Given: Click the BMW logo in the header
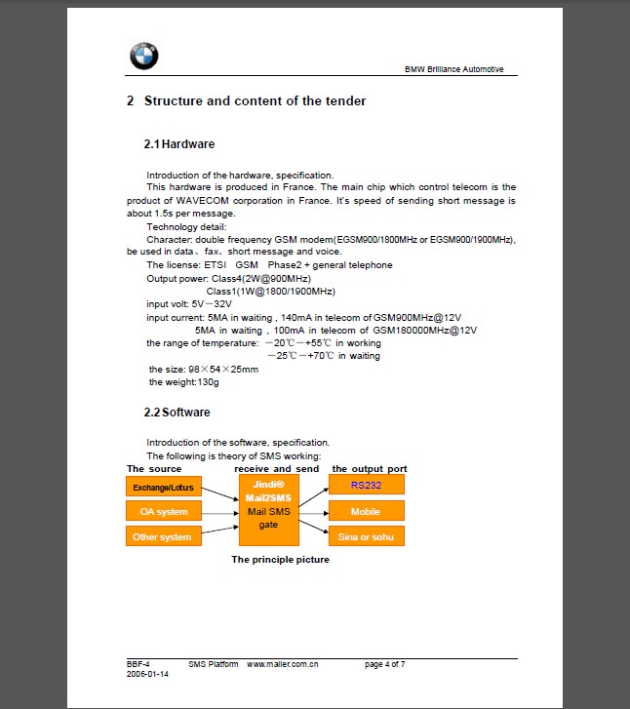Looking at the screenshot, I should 143,58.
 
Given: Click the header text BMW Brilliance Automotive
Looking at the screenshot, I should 460,69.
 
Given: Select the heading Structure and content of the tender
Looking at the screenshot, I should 246,101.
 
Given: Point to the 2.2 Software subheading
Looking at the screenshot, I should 178,413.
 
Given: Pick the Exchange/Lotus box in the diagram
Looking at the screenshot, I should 163,486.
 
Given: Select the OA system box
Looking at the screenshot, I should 163,511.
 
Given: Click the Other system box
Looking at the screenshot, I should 163,536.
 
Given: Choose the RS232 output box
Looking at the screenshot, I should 366,485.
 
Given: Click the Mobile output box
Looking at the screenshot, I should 366,511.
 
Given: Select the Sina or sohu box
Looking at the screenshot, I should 366,536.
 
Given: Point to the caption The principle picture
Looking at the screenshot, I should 280,560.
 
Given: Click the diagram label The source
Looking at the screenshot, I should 154,469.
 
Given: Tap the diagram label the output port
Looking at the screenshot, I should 370,469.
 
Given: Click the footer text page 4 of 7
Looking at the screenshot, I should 385,664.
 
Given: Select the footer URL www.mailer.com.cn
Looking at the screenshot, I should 283,664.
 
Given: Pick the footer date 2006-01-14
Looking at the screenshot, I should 147,674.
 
